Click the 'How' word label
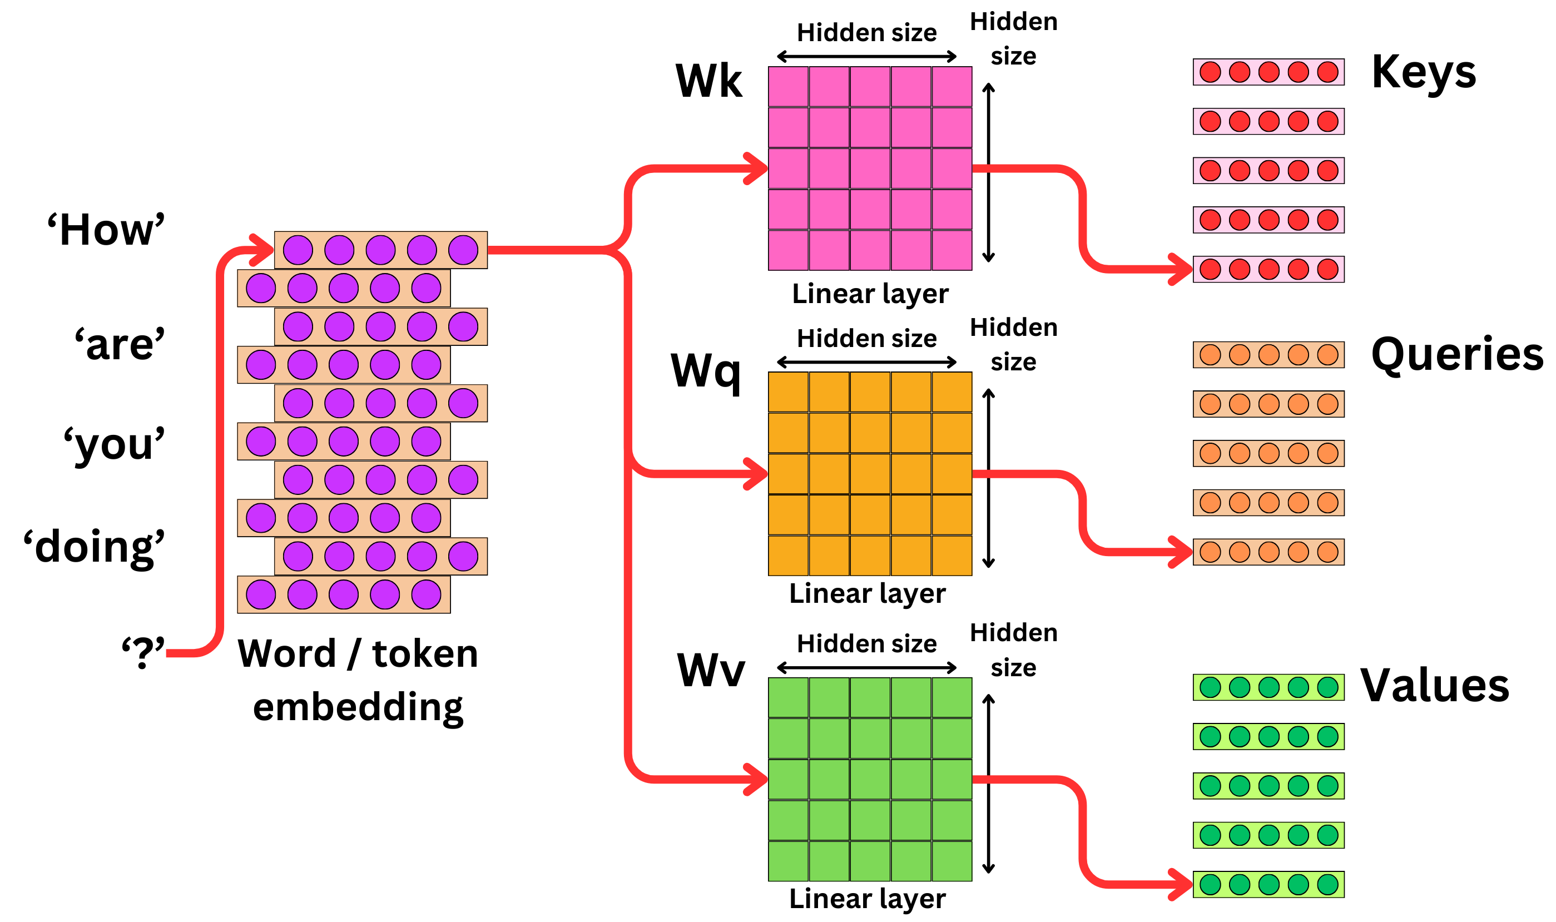click(x=106, y=230)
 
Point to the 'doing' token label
click(x=95, y=547)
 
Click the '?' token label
click(x=143, y=652)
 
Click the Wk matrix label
click(x=708, y=81)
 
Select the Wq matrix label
click(x=706, y=371)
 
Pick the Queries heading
click(x=1456, y=354)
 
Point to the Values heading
click(x=1435, y=685)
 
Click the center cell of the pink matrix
click(x=870, y=168)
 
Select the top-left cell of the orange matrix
click(x=787, y=392)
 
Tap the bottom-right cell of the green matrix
click(x=952, y=861)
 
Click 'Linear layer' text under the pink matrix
click(x=870, y=294)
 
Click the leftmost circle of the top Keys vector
click(x=1210, y=72)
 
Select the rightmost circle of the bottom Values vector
click(x=1327, y=885)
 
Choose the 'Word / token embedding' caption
click(x=358, y=680)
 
